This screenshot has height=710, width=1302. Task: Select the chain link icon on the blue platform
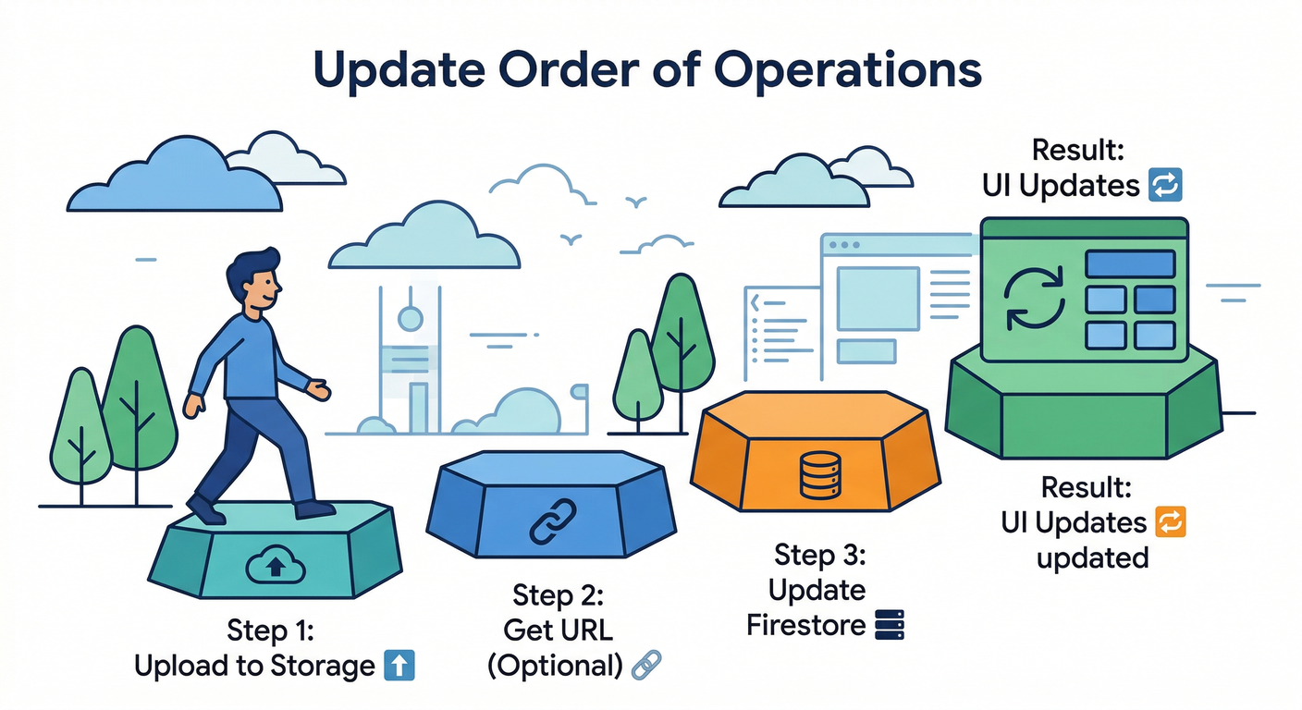click(x=552, y=520)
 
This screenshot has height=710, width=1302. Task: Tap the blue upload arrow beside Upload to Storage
click(x=399, y=666)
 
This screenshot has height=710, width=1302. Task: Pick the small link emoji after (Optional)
click(x=645, y=665)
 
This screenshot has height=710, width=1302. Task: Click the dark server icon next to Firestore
click(x=888, y=626)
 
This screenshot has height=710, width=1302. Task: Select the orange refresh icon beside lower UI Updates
click(x=1170, y=522)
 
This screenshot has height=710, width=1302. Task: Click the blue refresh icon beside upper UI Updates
click(x=1164, y=186)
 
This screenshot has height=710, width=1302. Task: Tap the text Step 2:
click(x=559, y=594)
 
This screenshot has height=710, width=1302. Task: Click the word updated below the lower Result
click(x=1092, y=558)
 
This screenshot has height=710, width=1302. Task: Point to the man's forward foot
click(x=314, y=508)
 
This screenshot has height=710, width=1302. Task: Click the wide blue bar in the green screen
click(x=1130, y=263)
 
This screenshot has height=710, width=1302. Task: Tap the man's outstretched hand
click(x=318, y=391)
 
